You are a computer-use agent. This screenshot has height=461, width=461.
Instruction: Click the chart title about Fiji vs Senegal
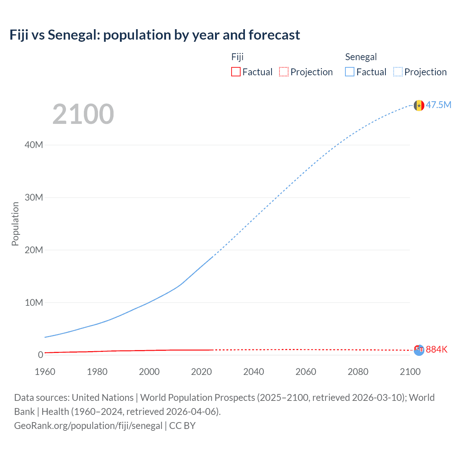coord(155,35)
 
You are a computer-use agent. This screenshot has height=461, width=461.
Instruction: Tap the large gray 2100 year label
coord(83,114)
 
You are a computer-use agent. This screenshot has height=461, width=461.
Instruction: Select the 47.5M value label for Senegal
coord(438,105)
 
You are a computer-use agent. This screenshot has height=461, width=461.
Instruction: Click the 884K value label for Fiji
coord(437,349)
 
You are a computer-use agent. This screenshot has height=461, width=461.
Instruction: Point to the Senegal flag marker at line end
coord(419,106)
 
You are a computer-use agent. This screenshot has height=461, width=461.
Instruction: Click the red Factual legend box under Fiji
coord(236,72)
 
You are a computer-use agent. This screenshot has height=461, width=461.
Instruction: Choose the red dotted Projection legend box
coord(284,72)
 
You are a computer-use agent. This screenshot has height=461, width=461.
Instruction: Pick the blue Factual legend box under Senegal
coord(349,72)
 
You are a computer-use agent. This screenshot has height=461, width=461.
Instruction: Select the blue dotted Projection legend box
coord(398,72)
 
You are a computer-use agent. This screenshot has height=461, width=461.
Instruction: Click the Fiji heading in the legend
coord(237,57)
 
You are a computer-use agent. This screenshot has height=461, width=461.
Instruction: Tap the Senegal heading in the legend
coord(361,57)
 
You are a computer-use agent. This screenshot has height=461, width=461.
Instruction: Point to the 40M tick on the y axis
coord(34,145)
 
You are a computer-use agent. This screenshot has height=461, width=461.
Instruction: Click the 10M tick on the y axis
coord(34,303)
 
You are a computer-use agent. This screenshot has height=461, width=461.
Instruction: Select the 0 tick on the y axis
coord(40,355)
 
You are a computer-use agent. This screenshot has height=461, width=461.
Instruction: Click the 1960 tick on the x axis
coord(45,372)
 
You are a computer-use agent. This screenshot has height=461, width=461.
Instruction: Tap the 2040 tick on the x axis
coord(254,372)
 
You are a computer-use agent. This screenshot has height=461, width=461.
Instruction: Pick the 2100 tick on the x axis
coord(410,372)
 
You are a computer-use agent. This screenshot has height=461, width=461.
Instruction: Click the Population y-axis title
coord(15,224)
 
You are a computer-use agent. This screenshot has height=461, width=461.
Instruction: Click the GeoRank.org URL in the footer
coord(88,426)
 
